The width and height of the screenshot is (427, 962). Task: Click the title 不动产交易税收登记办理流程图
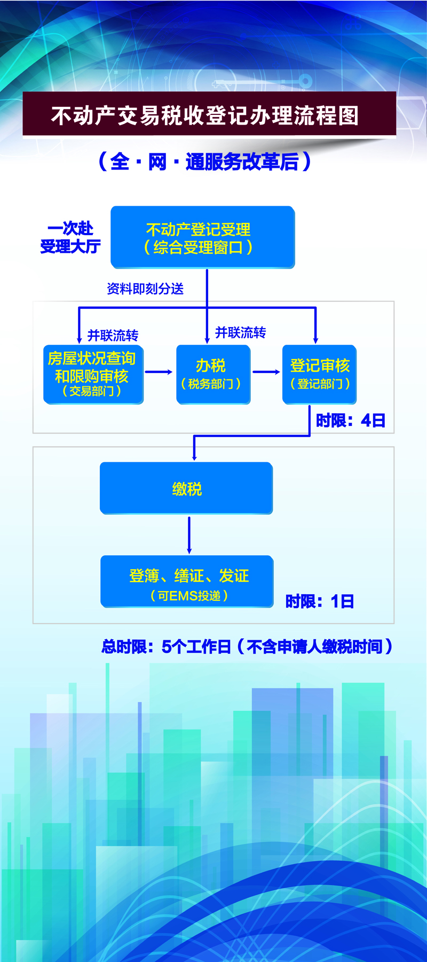point(205,115)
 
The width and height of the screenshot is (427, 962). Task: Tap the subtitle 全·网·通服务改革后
point(205,161)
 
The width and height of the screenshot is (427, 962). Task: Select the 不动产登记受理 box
point(202,237)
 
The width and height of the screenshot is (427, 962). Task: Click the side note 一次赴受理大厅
point(70,237)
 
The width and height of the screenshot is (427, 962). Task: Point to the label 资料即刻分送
point(145,289)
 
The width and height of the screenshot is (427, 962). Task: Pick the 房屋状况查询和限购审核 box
point(93,374)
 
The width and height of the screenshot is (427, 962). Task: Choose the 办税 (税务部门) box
point(213,374)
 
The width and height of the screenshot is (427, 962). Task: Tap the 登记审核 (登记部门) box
point(319,374)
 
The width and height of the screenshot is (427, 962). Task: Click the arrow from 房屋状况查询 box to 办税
point(159,372)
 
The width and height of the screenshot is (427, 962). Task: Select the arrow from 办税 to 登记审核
point(266,372)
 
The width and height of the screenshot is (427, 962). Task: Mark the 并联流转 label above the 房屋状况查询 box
point(113,336)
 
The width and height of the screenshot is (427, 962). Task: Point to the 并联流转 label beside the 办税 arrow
point(240,333)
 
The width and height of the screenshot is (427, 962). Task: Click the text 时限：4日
point(350,421)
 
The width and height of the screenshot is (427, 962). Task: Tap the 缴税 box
point(186,488)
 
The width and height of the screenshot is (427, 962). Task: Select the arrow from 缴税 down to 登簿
point(189,534)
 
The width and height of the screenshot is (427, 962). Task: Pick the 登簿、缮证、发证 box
point(187,581)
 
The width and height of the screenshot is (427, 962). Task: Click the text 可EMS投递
point(189,595)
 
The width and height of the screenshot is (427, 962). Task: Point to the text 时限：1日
point(320,602)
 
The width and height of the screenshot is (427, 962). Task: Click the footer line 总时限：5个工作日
point(247,647)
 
